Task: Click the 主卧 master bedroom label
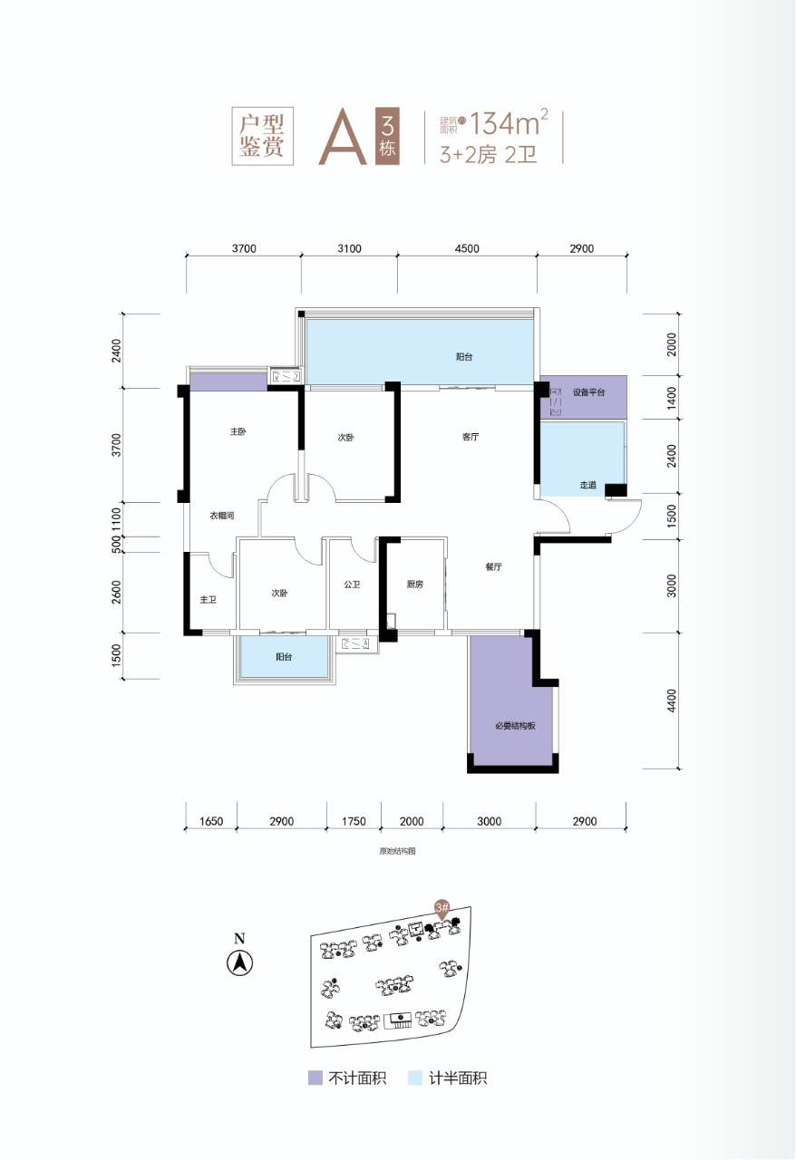tap(238, 431)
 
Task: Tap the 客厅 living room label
tap(470, 437)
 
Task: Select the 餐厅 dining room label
tap(493, 566)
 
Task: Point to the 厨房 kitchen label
tap(414, 585)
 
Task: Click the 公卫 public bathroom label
tap(352, 585)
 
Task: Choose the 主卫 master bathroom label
tap(208, 600)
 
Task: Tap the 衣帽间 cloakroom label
tap(222, 516)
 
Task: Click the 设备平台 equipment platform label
tap(588, 392)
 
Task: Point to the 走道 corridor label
tap(587, 485)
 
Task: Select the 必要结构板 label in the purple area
tap(515, 726)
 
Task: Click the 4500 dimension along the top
tap(467, 249)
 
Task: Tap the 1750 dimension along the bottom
tap(354, 821)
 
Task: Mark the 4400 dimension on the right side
tap(672, 701)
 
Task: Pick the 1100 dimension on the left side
tap(116, 519)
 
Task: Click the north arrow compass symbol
tap(240, 963)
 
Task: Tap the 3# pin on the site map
tap(442, 908)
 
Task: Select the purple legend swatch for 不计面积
tap(315, 1078)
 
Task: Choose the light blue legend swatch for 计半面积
tap(415, 1078)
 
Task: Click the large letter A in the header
tap(343, 137)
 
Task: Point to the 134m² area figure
tap(509, 122)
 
